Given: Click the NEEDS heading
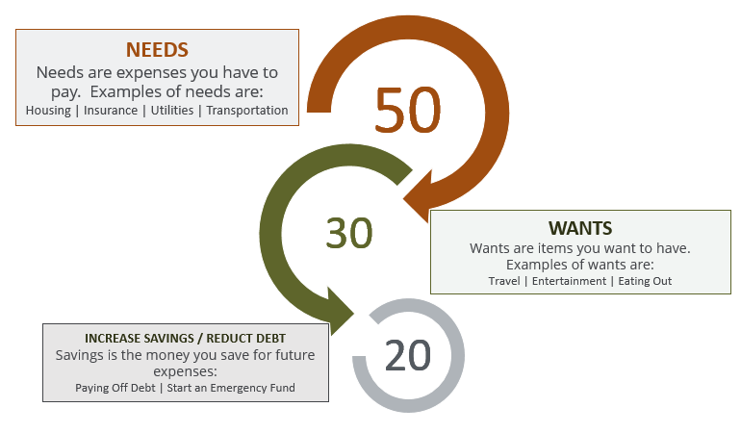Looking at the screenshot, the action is coord(158,50).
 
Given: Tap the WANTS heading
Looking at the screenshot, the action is coord(580,228).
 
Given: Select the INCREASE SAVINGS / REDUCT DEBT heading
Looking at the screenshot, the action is coord(185,339).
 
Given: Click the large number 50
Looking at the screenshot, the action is coord(408,110).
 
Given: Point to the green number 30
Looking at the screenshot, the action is coord(349,233).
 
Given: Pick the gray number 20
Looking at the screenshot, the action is coord(408,355).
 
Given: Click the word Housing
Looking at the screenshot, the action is coord(48,111).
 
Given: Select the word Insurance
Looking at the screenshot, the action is coord(111,110).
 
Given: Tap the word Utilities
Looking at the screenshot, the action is coord(172,110).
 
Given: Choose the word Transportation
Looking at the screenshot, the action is coord(247,111).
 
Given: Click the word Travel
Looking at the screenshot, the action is coord(503,281).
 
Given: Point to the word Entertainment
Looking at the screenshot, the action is coord(569,281).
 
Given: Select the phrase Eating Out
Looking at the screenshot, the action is coord(645,281).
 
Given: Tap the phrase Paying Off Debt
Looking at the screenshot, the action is coord(115,388).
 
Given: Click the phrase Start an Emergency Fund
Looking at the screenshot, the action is coord(231,388).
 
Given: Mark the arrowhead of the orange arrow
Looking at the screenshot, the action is coord(420,195).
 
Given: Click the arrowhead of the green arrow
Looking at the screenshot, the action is coord(340,312).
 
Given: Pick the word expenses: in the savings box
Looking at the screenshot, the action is coord(185,372).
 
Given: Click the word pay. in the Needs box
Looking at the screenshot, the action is coord(65,92).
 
